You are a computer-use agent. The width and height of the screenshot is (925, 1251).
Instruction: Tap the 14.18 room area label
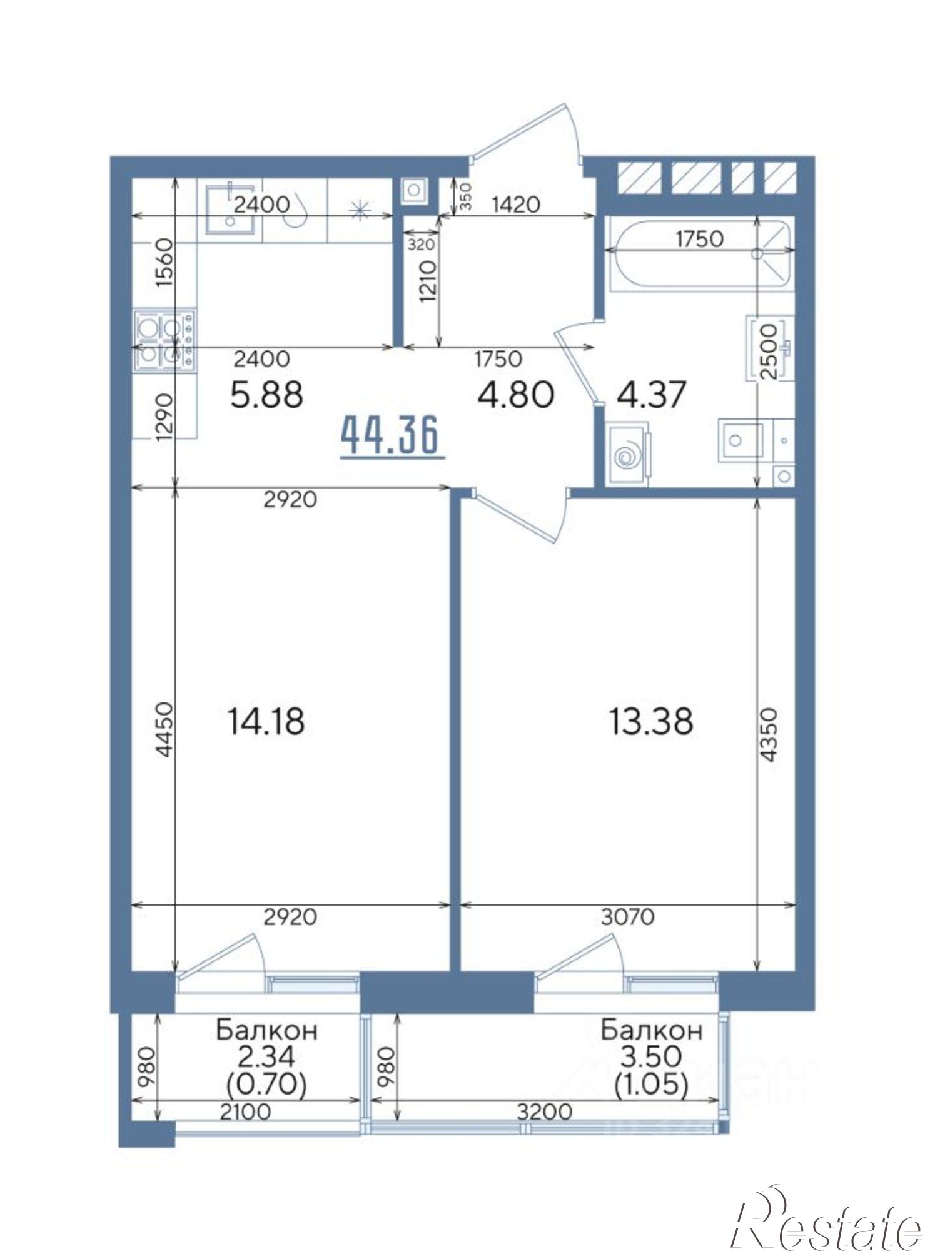[x=266, y=721]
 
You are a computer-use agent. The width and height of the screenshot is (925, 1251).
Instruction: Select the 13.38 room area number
[x=650, y=721]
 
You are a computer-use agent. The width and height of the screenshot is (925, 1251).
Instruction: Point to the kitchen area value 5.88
[x=266, y=395]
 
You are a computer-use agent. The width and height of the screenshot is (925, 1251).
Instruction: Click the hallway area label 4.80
[x=515, y=395]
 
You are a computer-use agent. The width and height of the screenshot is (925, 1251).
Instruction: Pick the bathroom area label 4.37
[x=652, y=395]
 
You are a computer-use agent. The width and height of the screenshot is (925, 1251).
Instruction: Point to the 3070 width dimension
[x=627, y=917]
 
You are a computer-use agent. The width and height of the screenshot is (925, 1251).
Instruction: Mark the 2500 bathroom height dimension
[x=769, y=352]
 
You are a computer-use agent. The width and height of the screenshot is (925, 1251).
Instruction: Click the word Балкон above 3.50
[x=652, y=1030]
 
